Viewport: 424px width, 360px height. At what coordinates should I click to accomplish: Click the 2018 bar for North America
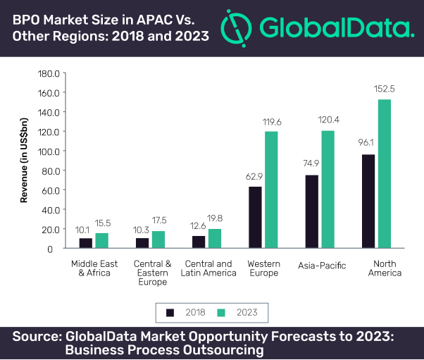coord(368,201)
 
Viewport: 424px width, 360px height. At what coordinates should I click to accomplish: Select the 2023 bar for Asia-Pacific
coord(328,189)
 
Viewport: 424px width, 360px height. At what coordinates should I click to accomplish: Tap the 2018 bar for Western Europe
coord(255,217)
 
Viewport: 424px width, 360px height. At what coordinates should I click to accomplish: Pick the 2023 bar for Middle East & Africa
coord(102,240)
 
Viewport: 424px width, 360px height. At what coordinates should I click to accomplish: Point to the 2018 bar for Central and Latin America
coord(199,242)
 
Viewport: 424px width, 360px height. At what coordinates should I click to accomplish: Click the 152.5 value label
coord(385,89)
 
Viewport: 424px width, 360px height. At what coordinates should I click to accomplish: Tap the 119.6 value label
coord(271,120)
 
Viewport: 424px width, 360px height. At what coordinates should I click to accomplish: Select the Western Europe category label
coord(264,268)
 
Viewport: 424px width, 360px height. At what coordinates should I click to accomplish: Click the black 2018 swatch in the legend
coord(170,312)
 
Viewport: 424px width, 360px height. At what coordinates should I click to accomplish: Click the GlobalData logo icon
coord(237,27)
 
